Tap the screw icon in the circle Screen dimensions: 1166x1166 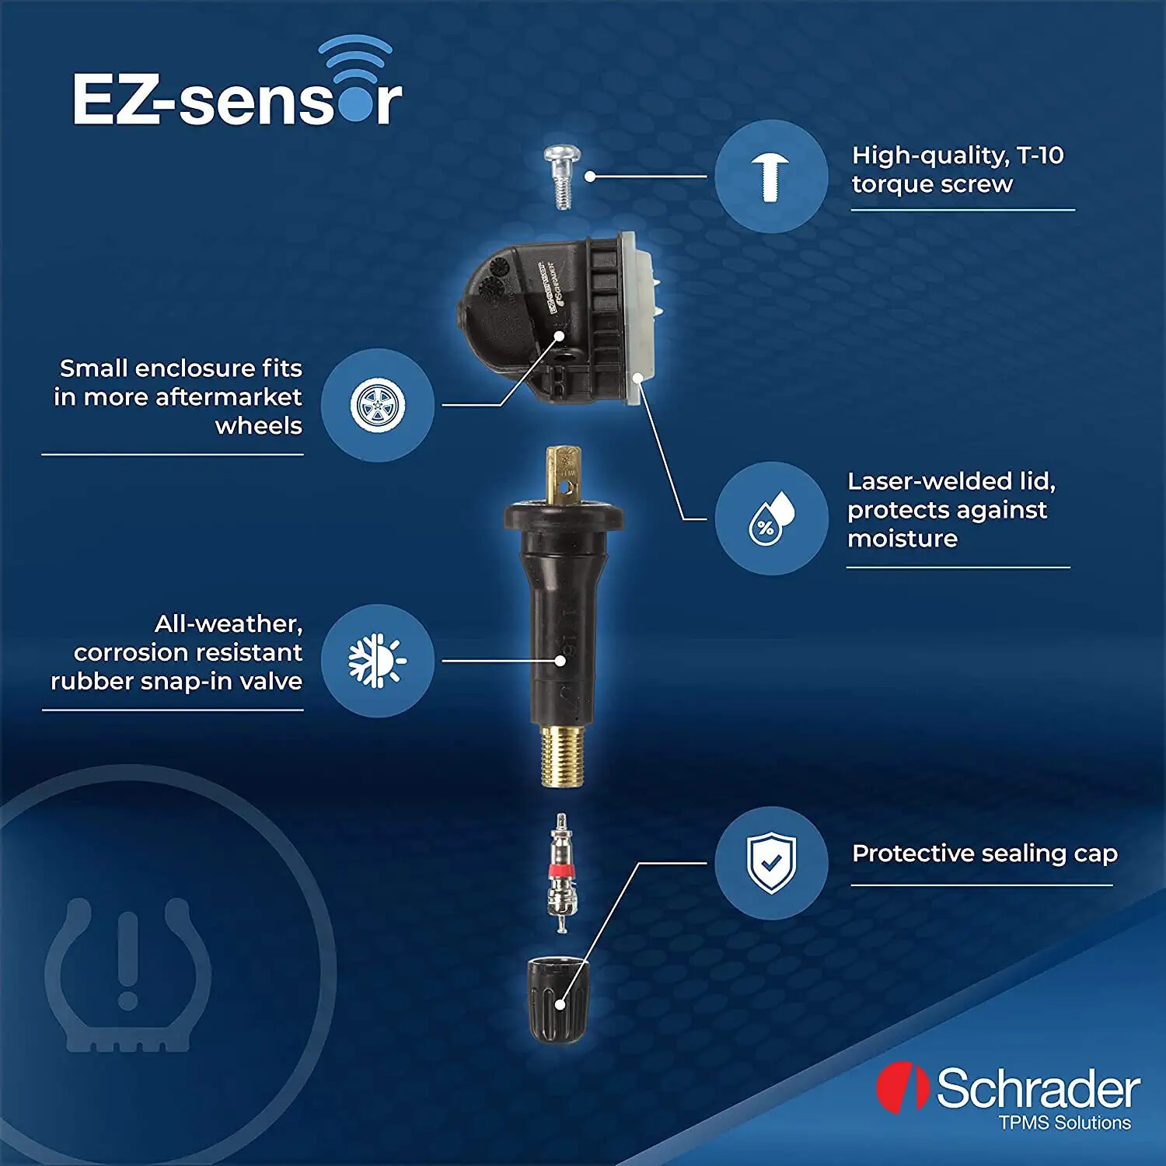[x=770, y=176]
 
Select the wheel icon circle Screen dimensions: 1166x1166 [x=378, y=405]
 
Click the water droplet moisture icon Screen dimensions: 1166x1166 [x=771, y=518]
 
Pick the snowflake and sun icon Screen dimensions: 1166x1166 [x=378, y=660]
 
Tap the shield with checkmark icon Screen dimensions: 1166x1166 [x=770, y=863]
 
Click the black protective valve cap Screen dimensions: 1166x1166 [x=557, y=1000]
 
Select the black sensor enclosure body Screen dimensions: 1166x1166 [x=544, y=319]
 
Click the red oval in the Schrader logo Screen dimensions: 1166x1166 [x=902, y=1087]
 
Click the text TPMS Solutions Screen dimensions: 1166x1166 [x=1064, y=1122]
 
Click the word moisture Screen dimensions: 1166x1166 [x=902, y=539]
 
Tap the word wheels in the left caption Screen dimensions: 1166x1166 [x=258, y=426]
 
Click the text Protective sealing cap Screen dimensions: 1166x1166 [x=984, y=854]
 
